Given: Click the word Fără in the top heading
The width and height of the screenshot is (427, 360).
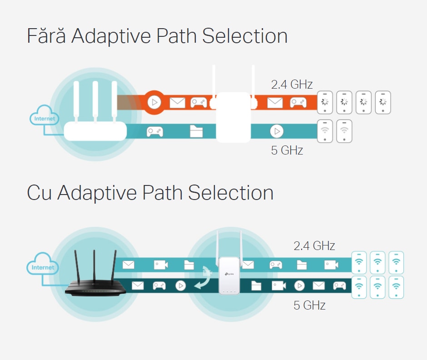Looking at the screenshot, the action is coord(46,36).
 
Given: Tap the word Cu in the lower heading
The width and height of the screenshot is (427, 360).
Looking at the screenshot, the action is coord(39,193).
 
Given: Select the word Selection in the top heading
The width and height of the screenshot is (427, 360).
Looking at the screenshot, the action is coord(245,36).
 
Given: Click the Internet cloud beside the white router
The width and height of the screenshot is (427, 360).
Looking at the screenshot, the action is coord(44,115).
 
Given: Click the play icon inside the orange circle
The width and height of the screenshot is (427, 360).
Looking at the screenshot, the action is coord(154,102).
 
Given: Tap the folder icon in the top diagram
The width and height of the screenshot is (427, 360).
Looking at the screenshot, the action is coord(196,131).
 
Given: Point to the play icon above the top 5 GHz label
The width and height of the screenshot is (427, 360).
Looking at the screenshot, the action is coord(277,131).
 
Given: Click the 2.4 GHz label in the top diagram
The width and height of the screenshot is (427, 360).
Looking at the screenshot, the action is coord(292,84).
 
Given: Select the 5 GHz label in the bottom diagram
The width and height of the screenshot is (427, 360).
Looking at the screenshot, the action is coord(309,305).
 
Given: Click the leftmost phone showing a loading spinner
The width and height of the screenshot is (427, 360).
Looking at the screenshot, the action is coord(325,102).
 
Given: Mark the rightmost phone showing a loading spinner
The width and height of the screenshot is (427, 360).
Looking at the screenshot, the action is coord(383,102).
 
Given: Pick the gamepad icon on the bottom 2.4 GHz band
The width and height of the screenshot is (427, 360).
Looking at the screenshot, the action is coord(276,265).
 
